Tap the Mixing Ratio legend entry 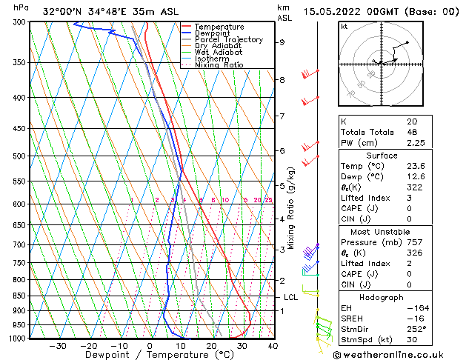click(219, 65)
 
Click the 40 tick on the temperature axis click(273, 346)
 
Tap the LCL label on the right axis click(290, 297)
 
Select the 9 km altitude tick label click(282, 42)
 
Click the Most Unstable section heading click(381, 231)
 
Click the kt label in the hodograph click(344, 26)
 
